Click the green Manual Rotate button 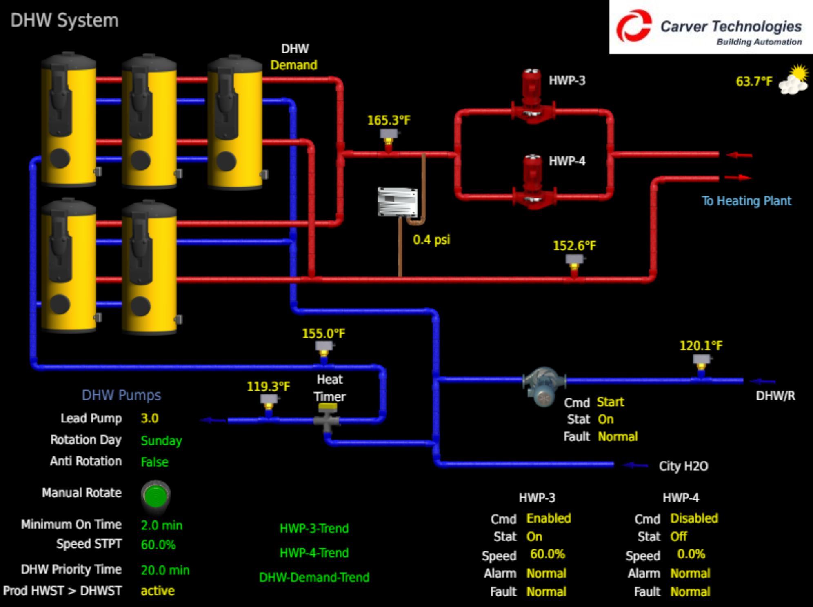[155, 495]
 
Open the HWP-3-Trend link [314, 528]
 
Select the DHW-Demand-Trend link [314, 577]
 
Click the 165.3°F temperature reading [389, 120]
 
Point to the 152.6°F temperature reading [574, 246]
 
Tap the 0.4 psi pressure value [431, 240]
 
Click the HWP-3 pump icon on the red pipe [532, 98]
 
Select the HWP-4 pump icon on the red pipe [532, 182]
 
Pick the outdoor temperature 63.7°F [754, 82]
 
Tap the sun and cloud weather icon [794, 80]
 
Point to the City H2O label [683, 466]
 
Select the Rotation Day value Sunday [161, 440]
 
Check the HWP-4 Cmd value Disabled [694, 518]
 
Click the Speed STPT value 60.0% [158, 545]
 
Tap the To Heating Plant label [746, 201]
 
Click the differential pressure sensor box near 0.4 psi [397, 202]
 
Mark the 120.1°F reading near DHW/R [700, 346]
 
